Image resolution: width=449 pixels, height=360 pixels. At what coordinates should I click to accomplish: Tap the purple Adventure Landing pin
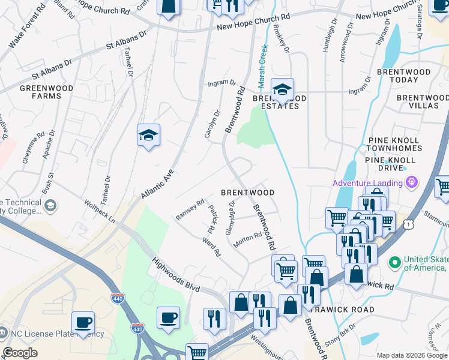(412, 182)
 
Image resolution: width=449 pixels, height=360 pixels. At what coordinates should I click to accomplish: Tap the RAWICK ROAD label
(345, 310)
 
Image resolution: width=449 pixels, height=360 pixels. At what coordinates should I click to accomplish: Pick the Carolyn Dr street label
(212, 123)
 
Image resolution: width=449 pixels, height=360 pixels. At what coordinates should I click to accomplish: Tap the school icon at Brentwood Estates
(282, 90)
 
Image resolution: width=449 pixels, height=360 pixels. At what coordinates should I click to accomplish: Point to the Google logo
(20, 353)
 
